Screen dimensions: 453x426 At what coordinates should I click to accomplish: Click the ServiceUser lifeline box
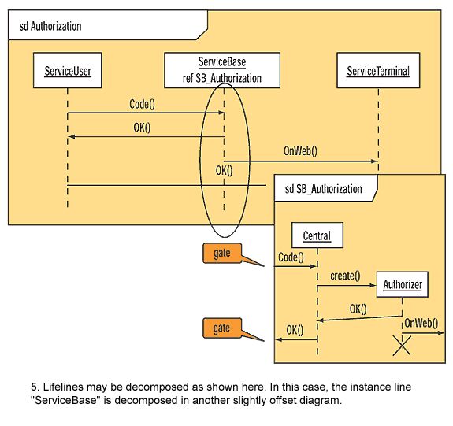(x=68, y=70)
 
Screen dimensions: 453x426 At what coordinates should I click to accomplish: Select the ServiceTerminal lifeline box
(x=378, y=70)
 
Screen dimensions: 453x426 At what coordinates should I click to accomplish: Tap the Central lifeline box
(x=317, y=235)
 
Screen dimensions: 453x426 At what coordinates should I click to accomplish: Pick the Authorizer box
(x=402, y=284)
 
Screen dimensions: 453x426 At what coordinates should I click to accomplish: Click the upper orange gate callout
(x=222, y=254)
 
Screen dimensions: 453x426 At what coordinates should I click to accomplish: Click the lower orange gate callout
(x=222, y=328)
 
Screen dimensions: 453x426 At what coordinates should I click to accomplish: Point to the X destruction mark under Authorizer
(x=402, y=345)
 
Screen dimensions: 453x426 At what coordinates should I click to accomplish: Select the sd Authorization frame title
(x=50, y=26)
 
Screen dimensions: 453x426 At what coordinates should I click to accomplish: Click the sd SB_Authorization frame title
(x=323, y=189)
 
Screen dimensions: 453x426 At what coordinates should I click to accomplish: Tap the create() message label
(x=345, y=276)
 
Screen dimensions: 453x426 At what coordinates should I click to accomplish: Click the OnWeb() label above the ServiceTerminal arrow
(x=300, y=150)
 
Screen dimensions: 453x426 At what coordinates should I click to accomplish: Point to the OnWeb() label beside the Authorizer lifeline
(x=421, y=323)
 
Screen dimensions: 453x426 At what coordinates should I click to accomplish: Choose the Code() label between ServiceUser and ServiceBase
(x=142, y=104)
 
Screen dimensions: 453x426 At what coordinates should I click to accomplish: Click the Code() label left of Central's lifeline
(x=291, y=257)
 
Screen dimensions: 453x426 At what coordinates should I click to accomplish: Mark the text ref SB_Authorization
(x=222, y=78)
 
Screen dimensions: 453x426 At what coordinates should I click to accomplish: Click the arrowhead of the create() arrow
(x=373, y=285)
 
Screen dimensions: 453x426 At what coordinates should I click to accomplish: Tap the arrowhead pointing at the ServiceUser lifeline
(x=71, y=136)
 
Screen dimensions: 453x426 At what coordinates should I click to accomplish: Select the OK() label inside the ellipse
(x=224, y=171)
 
